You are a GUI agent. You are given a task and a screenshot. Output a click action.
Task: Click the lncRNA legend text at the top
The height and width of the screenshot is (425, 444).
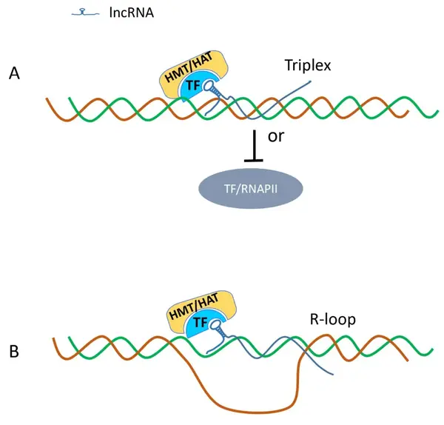click(129, 12)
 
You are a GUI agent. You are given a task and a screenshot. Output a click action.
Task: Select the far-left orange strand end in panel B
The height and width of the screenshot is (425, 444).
click(54, 339)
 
